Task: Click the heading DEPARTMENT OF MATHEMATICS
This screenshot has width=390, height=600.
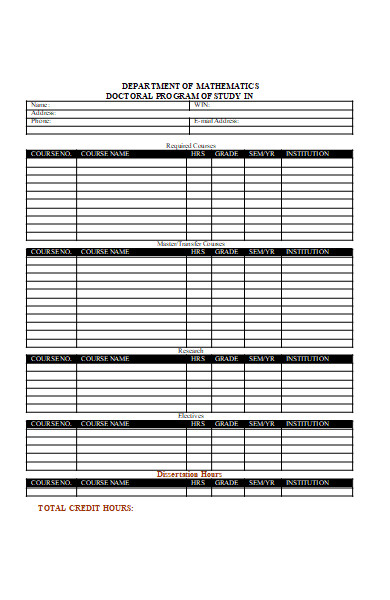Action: point(190,86)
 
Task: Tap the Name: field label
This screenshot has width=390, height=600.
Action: point(39,105)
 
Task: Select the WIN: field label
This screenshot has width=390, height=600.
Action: point(201,105)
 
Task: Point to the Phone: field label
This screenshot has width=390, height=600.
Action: point(41,121)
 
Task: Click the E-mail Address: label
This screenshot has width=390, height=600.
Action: point(215,121)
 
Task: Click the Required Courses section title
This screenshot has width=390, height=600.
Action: point(190,146)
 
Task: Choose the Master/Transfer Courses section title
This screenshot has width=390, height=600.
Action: point(191,244)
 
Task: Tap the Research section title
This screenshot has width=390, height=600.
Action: point(190,351)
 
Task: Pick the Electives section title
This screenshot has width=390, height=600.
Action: point(190,416)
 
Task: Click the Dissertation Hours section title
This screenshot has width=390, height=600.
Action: point(190,474)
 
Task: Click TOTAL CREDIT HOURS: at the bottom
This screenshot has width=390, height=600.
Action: point(86,509)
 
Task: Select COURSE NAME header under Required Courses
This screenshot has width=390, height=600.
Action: point(105,154)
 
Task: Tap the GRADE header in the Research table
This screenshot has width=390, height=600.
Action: point(226,359)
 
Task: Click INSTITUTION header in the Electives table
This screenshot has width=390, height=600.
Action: point(307,424)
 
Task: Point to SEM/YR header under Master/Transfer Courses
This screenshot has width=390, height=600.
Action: point(261,252)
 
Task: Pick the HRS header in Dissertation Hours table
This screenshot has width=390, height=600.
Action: point(198,483)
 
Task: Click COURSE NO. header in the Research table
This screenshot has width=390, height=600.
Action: point(51,359)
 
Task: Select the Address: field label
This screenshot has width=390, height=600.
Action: point(43,113)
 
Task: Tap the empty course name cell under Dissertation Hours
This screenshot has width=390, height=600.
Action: point(131,492)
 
